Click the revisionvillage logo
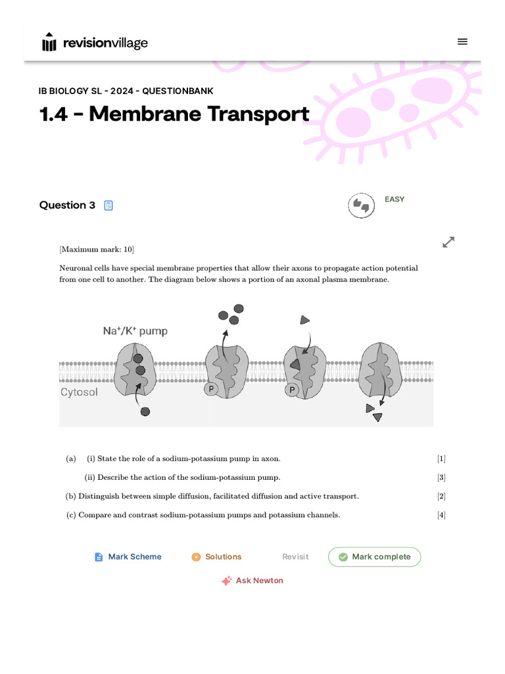coord(95,43)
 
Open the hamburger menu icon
coord(462,41)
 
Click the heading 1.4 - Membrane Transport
coord(174,114)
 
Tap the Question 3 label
coord(67,205)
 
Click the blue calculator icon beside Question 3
coord(108,205)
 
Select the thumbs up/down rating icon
coord(361,206)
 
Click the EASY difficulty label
coord(395,199)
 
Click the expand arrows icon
coord(448,242)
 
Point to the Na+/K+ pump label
coord(135,331)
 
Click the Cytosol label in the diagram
coord(79,392)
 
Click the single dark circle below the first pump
coord(145,411)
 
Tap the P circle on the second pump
coord(210,389)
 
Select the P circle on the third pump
coord(291,390)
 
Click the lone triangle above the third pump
coord(304,320)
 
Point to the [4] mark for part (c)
coord(441,515)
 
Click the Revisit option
coord(295,557)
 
